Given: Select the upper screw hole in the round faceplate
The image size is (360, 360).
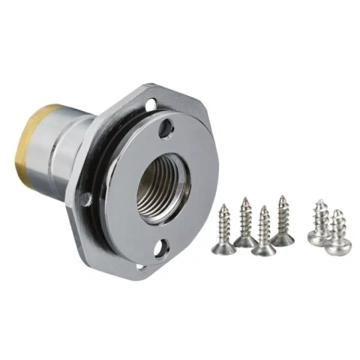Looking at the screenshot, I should [x=166, y=127].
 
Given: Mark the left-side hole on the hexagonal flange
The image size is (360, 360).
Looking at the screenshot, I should [x=88, y=199].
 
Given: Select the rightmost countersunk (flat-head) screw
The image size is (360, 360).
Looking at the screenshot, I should [x=283, y=222].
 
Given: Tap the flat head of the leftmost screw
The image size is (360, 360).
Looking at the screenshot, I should [x=222, y=247].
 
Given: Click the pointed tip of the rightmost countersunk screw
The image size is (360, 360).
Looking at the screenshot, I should [x=282, y=197].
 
